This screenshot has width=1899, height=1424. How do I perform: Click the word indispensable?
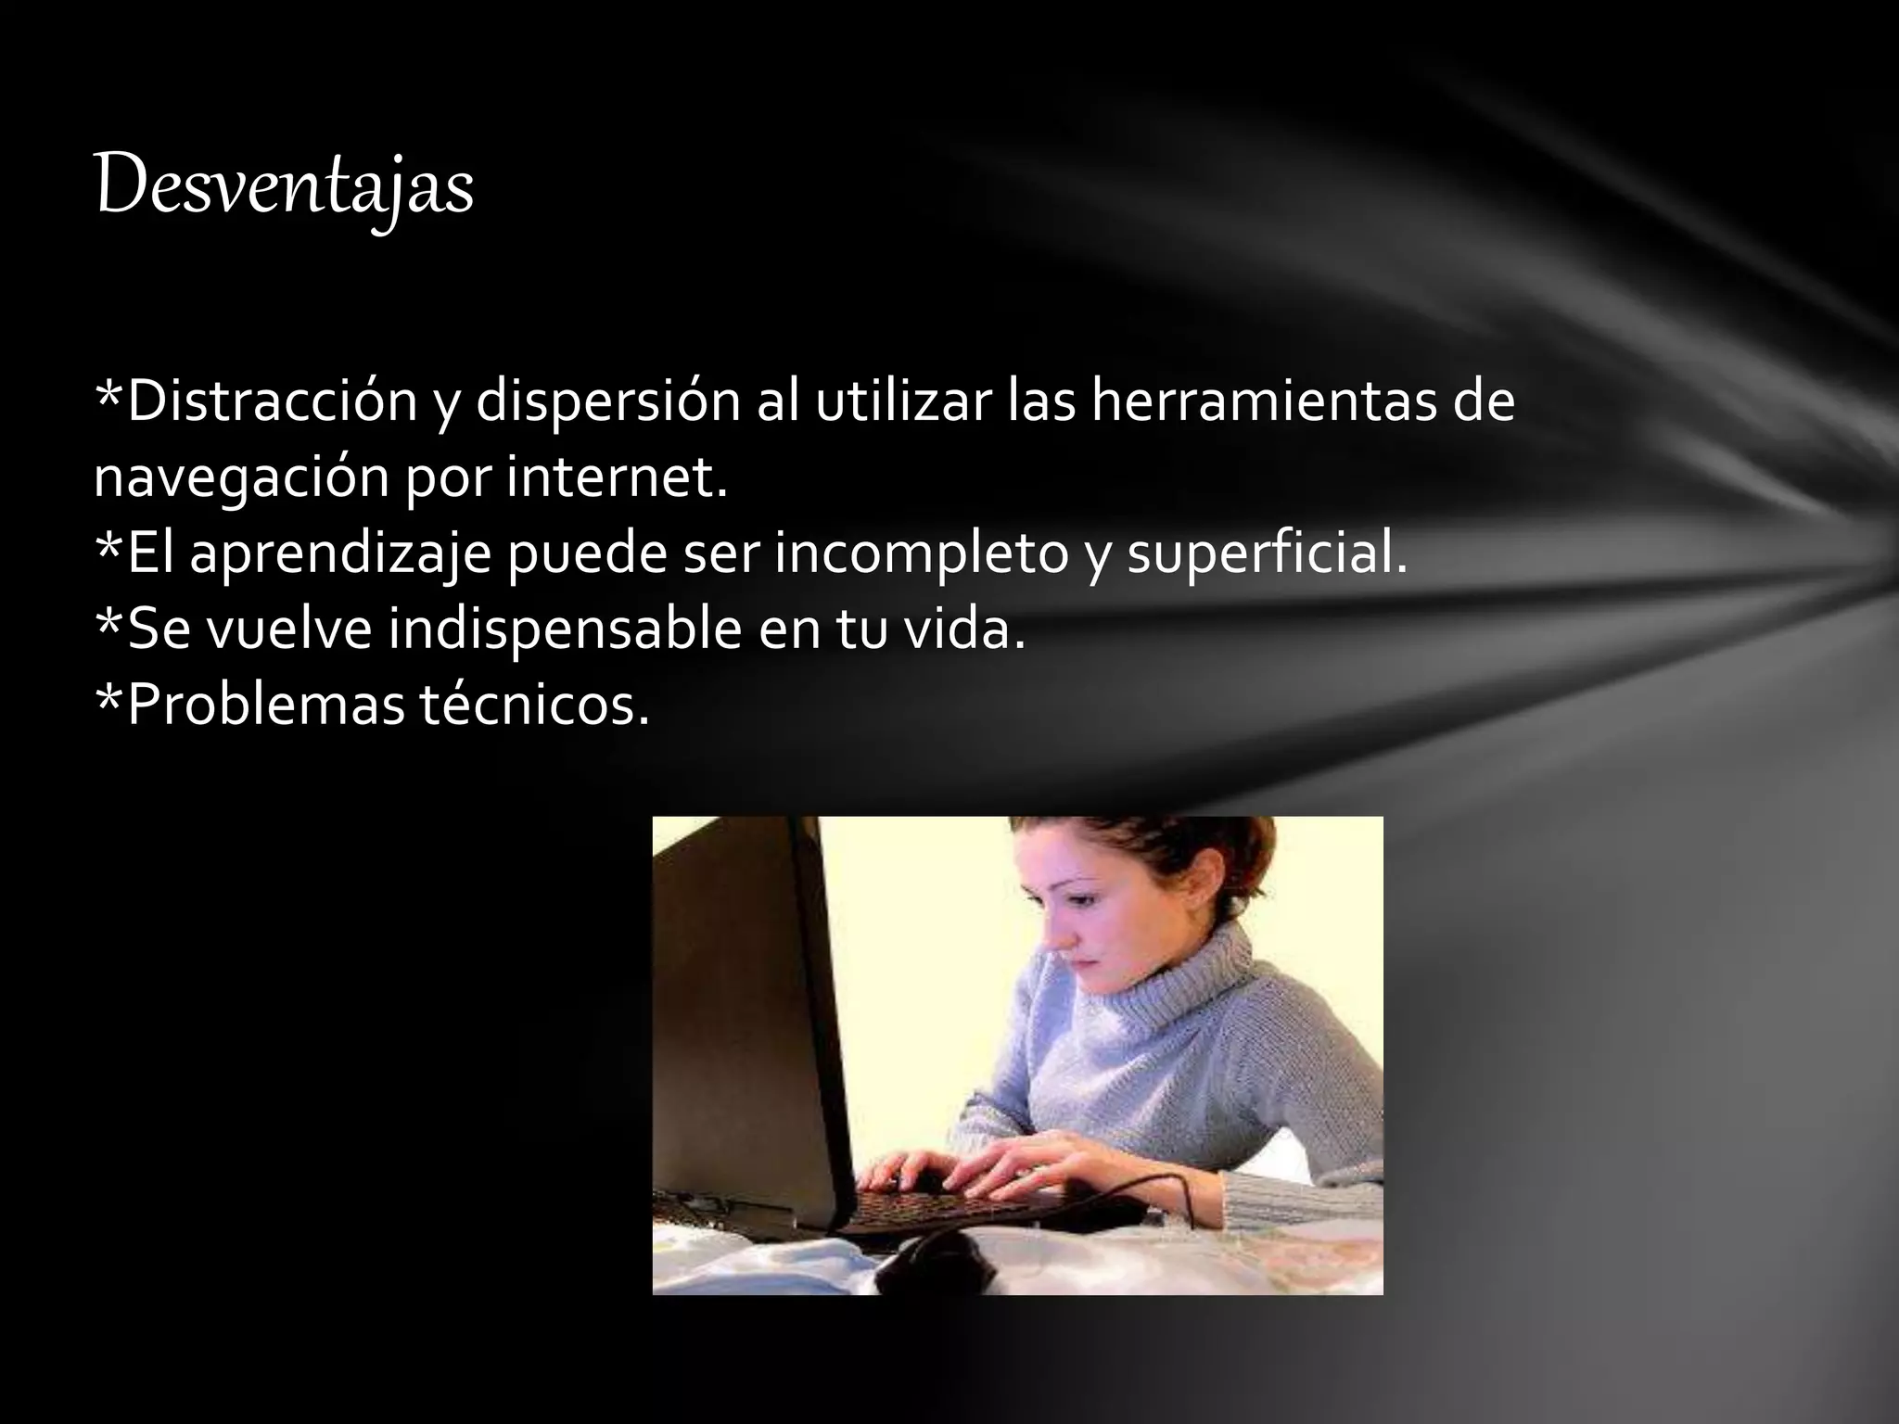pyautogui.click(x=565, y=631)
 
